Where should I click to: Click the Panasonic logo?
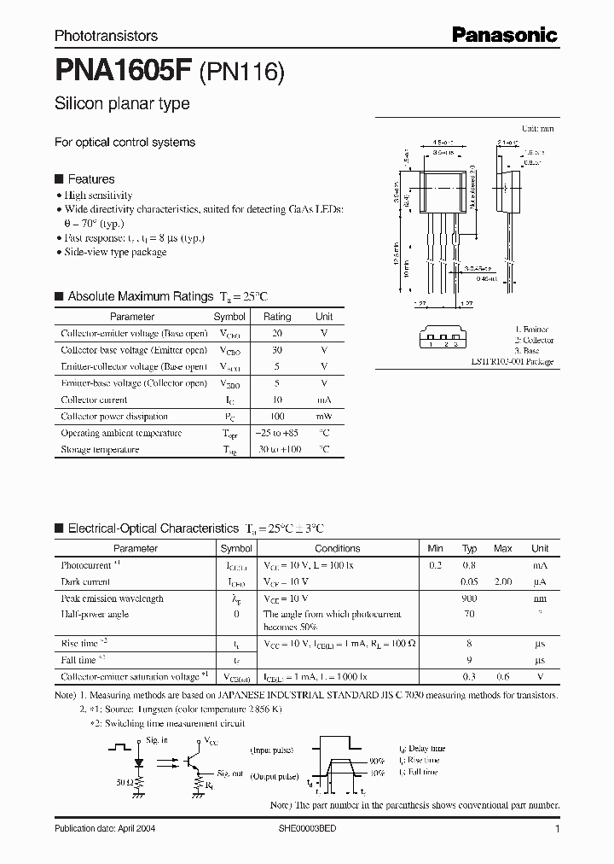[504, 35]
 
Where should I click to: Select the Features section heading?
[90, 179]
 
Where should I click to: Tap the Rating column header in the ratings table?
[277, 317]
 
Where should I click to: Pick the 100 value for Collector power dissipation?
[277, 417]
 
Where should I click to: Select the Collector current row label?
[94, 400]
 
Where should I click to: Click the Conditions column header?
[338, 549]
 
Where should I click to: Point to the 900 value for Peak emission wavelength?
[469, 598]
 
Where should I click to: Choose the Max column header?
[503, 549]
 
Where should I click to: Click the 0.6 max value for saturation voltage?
[503, 676]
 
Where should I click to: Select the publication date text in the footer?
[105, 829]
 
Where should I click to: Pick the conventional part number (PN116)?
[241, 73]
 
